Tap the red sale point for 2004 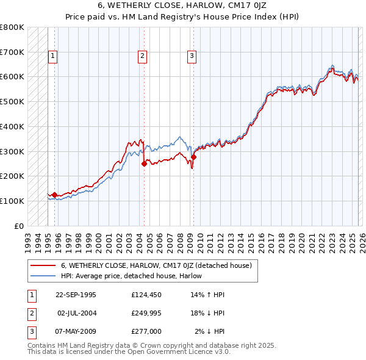[x=145, y=164]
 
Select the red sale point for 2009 [x=193, y=157]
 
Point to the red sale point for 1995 [x=55, y=195]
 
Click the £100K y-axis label [x=12, y=201]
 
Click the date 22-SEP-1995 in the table [x=76, y=295]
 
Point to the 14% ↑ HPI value [x=207, y=295]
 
